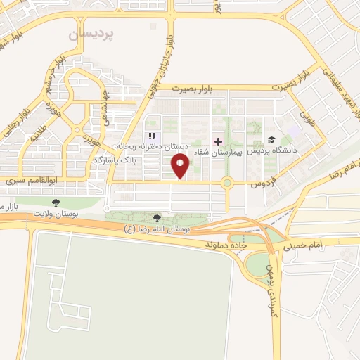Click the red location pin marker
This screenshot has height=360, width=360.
(181, 166)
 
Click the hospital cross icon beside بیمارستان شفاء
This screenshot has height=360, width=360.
(218, 141)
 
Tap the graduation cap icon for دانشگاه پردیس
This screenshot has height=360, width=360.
(272, 139)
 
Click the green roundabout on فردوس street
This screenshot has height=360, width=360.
(227, 184)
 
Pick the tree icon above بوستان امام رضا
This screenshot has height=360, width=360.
(157, 218)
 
